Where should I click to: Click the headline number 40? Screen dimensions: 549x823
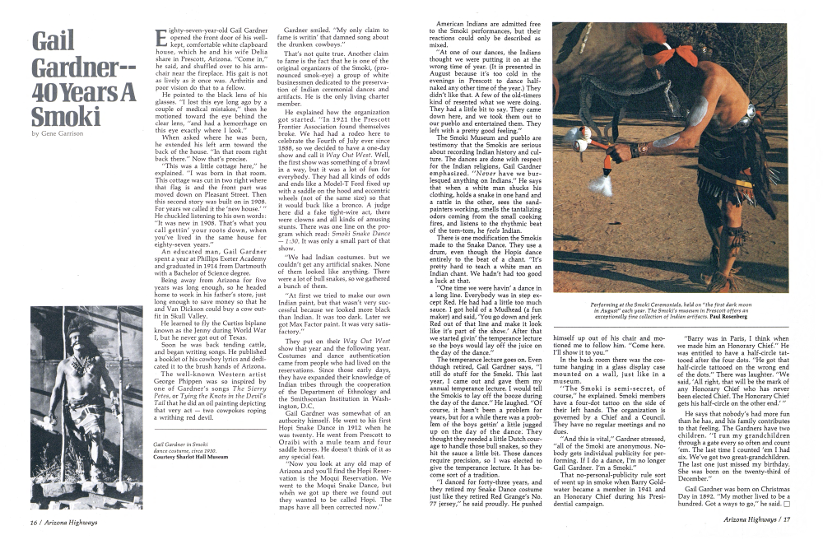click(x=50, y=92)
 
